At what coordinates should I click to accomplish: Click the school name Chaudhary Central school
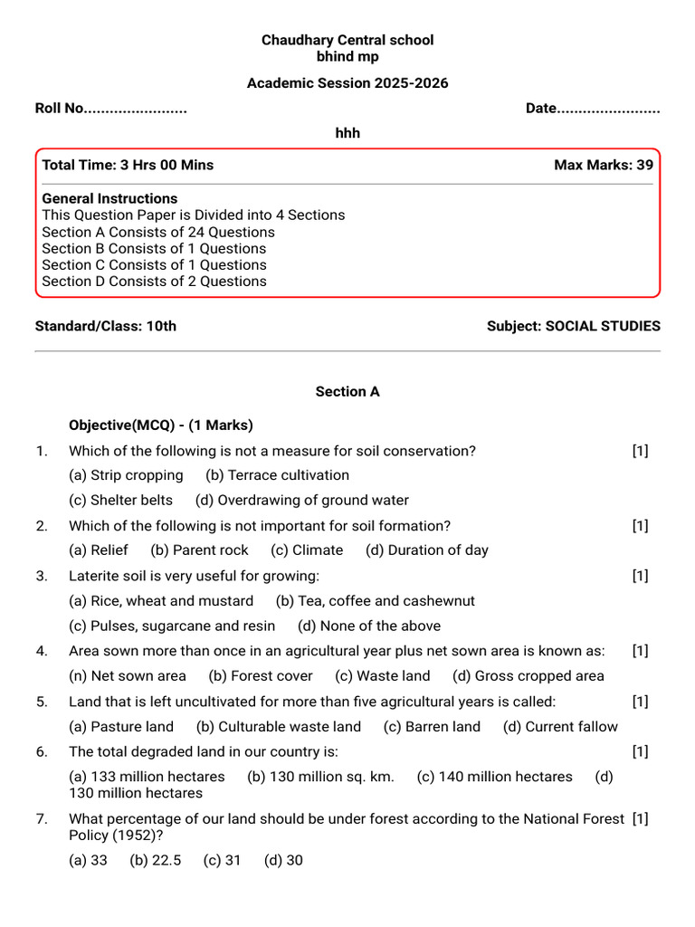tap(347, 40)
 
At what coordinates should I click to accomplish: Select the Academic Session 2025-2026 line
tap(347, 83)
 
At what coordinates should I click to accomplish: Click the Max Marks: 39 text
tap(603, 165)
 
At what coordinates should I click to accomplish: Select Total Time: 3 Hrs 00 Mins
tap(128, 165)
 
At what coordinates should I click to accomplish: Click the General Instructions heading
tap(109, 198)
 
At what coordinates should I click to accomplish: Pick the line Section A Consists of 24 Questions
tap(158, 232)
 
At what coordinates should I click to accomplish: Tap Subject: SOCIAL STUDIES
tap(573, 326)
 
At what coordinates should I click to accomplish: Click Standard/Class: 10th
tap(105, 326)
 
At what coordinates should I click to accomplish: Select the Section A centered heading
tap(347, 392)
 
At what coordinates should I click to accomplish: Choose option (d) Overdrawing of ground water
tap(301, 500)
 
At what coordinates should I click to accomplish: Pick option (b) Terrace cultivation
tap(277, 475)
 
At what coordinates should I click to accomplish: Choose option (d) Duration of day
tap(426, 550)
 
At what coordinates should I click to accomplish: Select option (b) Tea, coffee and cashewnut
tap(375, 601)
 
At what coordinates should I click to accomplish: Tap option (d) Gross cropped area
tap(528, 676)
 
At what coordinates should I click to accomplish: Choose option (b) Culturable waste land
tap(278, 727)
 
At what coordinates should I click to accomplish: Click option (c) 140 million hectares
tap(494, 777)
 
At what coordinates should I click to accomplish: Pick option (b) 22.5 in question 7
tap(155, 860)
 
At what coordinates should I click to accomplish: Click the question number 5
tap(42, 702)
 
